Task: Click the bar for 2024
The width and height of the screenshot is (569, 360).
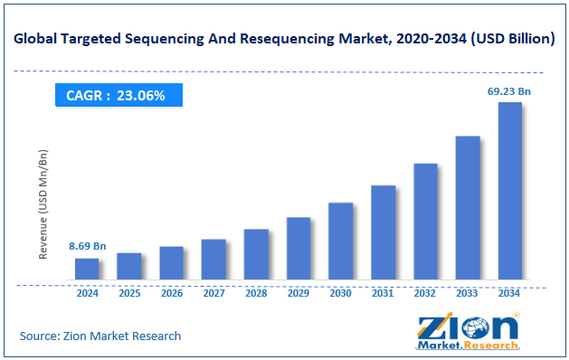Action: pyautogui.click(x=87, y=269)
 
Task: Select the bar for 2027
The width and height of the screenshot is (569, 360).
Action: pyautogui.click(x=213, y=260)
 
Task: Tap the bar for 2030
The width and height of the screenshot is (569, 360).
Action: pyautogui.click(x=340, y=241)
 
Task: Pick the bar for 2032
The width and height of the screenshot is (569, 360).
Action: pyautogui.click(x=425, y=222)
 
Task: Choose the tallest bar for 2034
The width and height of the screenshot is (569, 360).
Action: pyautogui.click(x=509, y=191)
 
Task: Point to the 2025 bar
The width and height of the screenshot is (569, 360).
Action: pyautogui.click(x=129, y=266)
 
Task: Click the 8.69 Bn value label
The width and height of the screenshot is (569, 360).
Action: pyautogui.click(x=88, y=246)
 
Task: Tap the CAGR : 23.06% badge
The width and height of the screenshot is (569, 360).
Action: pyautogui.click(x=116, y=95)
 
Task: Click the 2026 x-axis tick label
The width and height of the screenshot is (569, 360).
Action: pyautogui.click(x=172, y=294)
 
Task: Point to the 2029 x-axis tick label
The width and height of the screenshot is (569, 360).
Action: pyautogui.click(x=299, y=294)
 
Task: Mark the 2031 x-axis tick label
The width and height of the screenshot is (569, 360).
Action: pyautogui.click(x=383, y=294)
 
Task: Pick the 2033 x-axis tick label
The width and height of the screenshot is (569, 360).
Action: pyautogui.click(x=468, y=294)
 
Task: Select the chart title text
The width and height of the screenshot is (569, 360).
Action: pyautogui.click(x=284, y=39)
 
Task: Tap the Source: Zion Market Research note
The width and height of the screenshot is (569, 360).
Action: pyautogui.click(x=100, y=336)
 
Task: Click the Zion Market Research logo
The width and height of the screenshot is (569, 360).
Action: pyautogui.click(x=469, y=332)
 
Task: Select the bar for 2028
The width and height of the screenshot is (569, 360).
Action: pyautogui.click(x=256, y=254)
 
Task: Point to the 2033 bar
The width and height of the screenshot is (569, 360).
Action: pyautogui.click(x=468, y=208)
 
